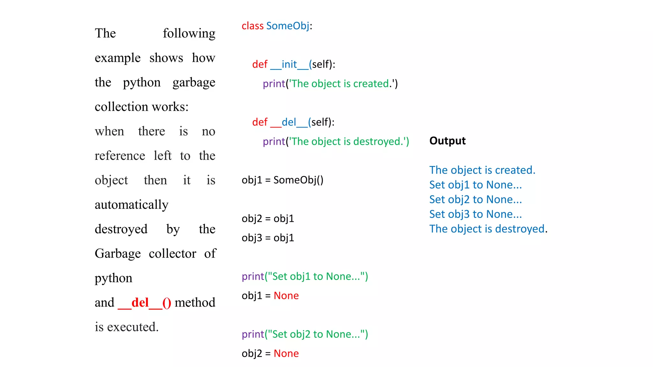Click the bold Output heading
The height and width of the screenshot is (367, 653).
click(447, 141)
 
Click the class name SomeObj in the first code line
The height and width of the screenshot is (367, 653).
click(288, 26)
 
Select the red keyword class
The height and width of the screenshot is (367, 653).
click(253, 26)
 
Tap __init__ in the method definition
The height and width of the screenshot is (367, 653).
click(290, 64)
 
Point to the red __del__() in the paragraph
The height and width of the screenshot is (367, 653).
click(144, 303)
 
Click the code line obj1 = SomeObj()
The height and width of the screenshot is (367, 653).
click(282, 180)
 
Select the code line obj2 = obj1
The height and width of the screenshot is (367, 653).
click(268, 219)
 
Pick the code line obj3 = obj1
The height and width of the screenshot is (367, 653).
click(268, 238)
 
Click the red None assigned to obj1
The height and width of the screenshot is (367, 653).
click(286, 296)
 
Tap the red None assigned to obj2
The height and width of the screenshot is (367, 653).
click(286, 354)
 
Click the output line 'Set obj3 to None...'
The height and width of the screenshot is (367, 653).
click(475, 214)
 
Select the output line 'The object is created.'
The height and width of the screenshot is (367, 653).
click(482, 170)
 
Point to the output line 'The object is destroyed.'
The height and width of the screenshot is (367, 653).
click(488, 229)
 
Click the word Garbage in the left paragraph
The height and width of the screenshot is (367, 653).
click(118, 254)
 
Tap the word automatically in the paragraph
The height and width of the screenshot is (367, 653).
click(131, 205)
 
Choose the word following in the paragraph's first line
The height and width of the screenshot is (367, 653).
click(189, 33)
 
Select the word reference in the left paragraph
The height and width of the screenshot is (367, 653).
click(120, 156)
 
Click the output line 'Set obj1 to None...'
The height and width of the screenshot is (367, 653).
click(475, 185)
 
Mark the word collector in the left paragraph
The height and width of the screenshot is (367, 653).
click(172, 254)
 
